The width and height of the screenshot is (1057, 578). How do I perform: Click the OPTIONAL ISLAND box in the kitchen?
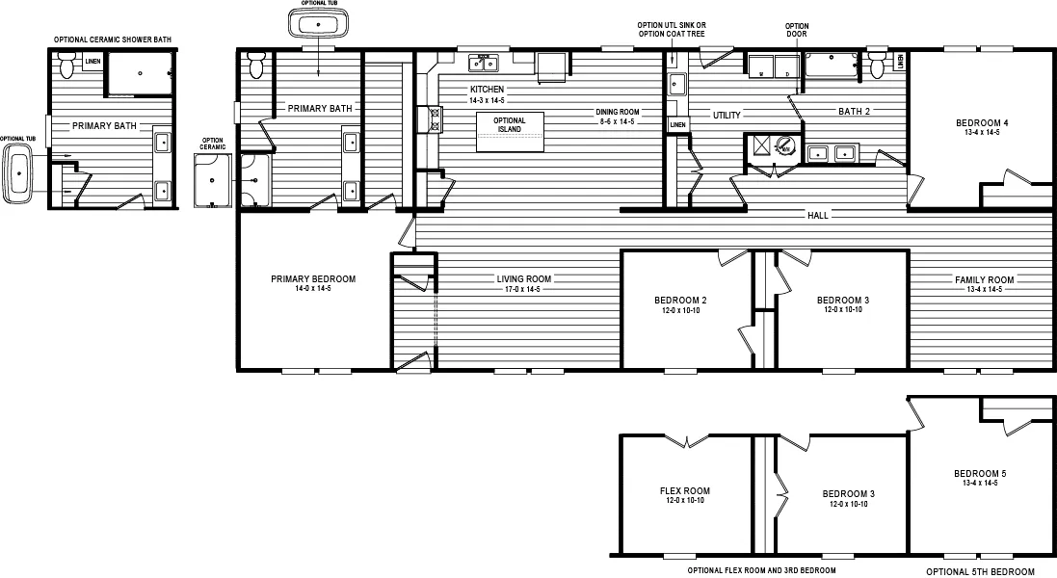point(510,131)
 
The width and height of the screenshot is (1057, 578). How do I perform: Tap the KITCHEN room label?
point(486,90)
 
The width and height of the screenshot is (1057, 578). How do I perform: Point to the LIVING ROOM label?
point(524,279)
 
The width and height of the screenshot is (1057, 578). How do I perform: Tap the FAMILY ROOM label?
point(978,279)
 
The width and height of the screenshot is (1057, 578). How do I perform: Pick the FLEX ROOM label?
point(685,490)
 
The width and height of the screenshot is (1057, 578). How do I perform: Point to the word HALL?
point(818,215)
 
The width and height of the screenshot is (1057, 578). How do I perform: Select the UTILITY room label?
point(727,115)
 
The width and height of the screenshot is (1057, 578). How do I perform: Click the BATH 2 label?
point(854,112)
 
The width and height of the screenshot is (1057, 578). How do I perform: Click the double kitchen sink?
point(483,65)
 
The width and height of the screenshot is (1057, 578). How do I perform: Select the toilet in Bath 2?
point(877,66)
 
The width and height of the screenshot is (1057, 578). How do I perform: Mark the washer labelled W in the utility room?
point(763,66)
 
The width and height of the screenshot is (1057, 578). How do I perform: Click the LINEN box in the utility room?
point(678,125)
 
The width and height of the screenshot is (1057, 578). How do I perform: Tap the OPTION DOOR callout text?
point(797,30)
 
